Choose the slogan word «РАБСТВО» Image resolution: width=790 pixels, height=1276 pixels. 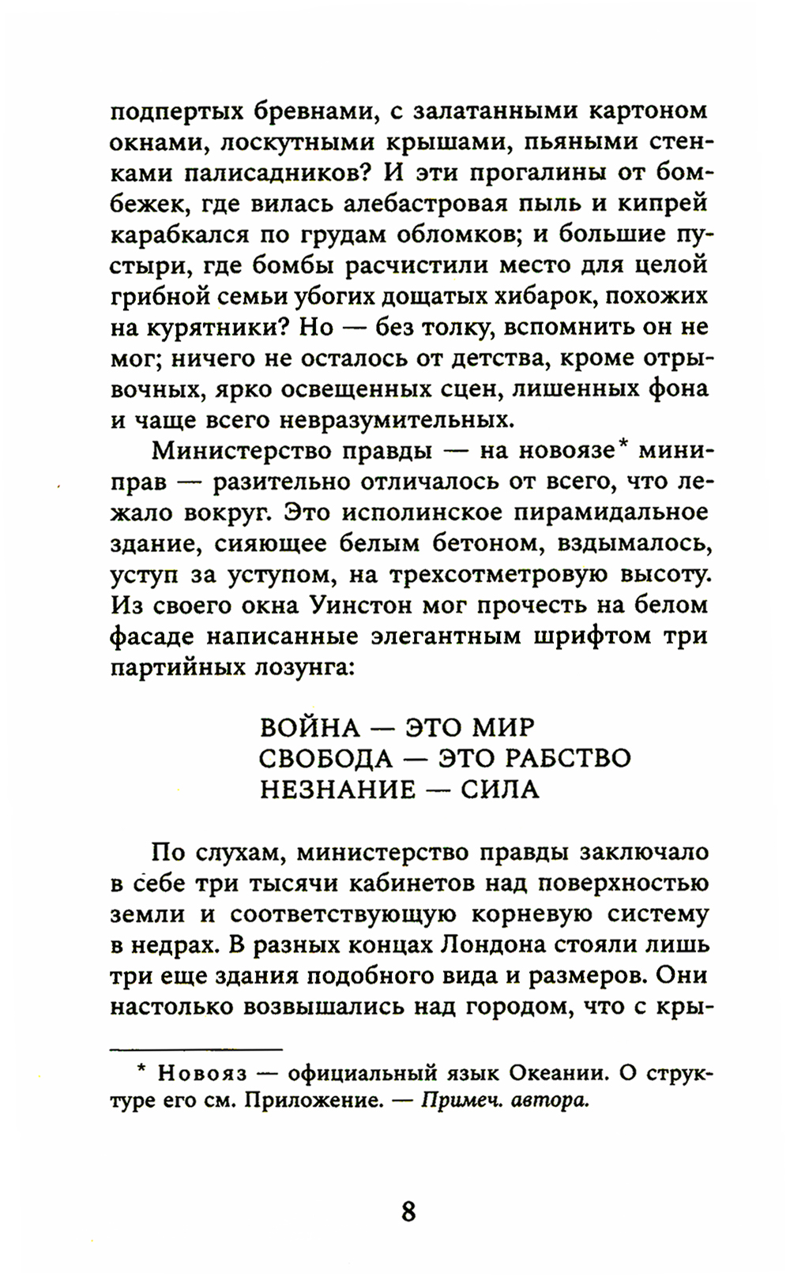coord(568,759)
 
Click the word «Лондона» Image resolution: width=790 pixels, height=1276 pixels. coord(497,945)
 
